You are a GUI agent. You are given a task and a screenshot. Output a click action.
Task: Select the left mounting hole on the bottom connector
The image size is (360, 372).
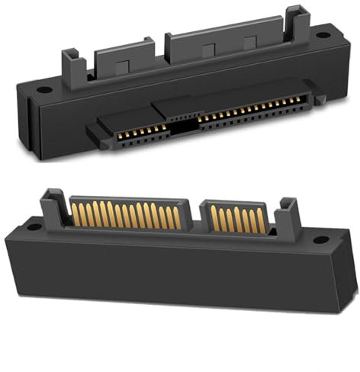point(33,227)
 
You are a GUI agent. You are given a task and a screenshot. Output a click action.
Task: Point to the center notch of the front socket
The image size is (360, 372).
point(179,127)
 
